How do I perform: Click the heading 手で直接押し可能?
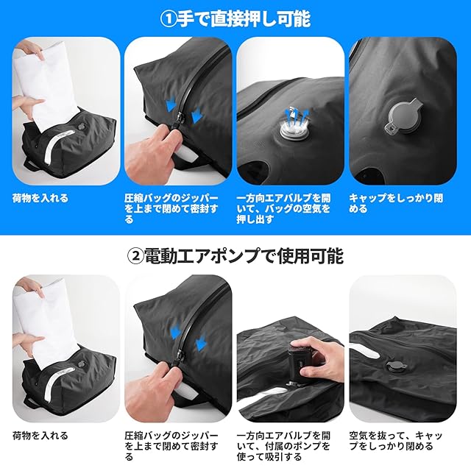(x=244, y=18)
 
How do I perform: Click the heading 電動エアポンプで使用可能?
(x=244, y=256)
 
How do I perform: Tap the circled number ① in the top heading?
(x=169, y=19)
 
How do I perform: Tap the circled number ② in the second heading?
(x=135, y=257)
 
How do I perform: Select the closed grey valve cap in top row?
(x=403, y=118)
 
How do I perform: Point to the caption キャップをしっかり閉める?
(x=396, y=203)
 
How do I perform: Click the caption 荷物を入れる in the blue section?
(x=40, y=198)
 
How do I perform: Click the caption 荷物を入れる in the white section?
(x=40, y=436)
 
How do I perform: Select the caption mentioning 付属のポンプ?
(x=283, y=446)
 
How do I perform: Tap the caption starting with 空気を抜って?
(x=396, y=441)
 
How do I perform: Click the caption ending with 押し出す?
(x=283, y=209)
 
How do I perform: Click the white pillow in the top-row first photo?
(x=48, y=87)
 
